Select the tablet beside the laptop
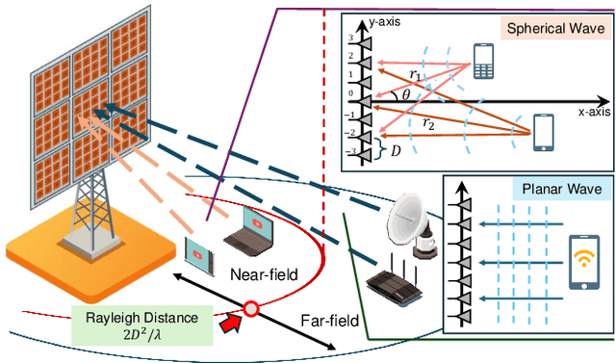tap(199, 253)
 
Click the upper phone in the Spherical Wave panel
tap(483, 61)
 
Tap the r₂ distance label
tap(430, 122)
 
